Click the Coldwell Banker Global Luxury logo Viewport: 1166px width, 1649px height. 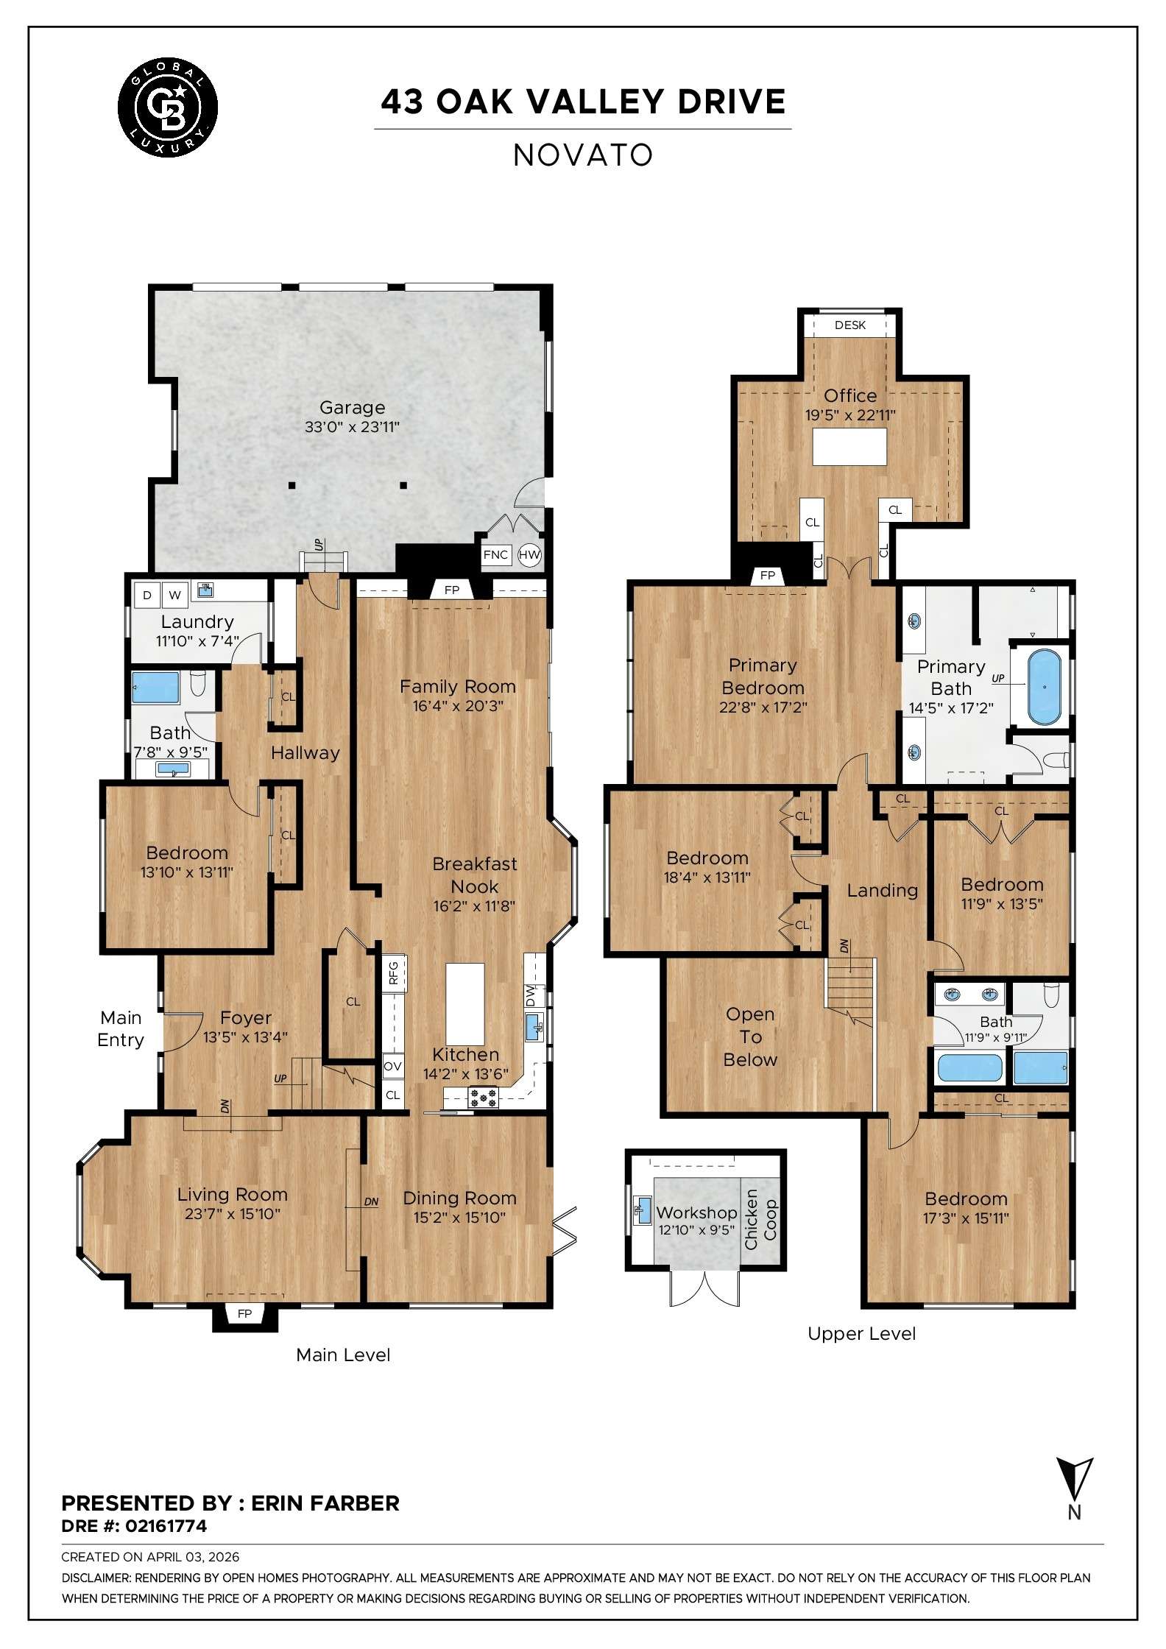(x=168, y=107)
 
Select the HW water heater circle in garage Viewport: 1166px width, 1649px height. (x=529, y=554)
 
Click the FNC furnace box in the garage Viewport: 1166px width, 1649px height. (x=495, y=554)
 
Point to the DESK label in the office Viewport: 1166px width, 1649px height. (x=849, y=325)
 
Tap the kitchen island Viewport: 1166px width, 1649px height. (x=465, y=1003)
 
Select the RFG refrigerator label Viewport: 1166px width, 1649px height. (x=393, y=972)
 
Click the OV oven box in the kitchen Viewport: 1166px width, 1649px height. (x=393, y=1066)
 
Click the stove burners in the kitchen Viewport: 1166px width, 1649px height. (x=483, y=1098)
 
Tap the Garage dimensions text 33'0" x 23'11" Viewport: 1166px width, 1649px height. (x=352, y=427)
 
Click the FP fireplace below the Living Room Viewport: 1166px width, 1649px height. (x=244, y=1313)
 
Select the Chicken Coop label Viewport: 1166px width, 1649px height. (x=760, y=1219)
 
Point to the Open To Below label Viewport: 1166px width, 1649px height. (x=749, y=1037)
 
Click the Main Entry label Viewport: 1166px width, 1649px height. (x=121, y=1028)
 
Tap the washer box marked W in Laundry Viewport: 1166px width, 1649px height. (x=175, y=595)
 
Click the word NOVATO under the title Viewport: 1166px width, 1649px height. (x=583, y=155)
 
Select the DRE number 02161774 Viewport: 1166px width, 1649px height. (x=166, y=1526)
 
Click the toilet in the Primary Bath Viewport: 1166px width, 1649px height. (x=1057, y=760)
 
